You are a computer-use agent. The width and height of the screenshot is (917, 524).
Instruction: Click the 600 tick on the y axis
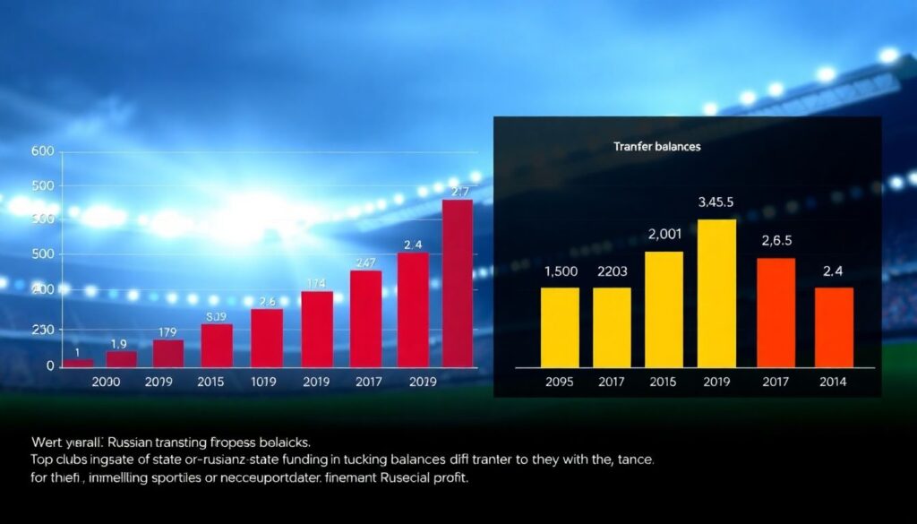pos(42,151)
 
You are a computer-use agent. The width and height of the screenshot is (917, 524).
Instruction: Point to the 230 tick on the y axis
pos(42,330)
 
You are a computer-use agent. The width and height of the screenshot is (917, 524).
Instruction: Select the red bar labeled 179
pos(167,353)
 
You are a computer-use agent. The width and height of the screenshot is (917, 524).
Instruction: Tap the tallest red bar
pos(458,282)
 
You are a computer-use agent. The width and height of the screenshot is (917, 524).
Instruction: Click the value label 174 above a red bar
pos(316,283)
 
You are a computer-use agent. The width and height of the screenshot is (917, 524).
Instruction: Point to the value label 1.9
pos(119,344)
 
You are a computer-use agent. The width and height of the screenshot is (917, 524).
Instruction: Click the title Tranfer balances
pos(657,147)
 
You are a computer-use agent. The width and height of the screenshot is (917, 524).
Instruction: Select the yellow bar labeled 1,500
pos(560,327)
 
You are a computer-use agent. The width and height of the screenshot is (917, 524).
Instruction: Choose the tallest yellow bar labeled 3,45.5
pos(716,293)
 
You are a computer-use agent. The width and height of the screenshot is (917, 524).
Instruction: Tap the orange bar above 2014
pos(834,327)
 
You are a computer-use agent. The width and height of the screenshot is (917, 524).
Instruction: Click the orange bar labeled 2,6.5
pos(776,312)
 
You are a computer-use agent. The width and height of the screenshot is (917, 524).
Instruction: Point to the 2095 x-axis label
pos(560,382)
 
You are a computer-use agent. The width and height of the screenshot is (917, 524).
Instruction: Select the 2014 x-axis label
pos(833,382)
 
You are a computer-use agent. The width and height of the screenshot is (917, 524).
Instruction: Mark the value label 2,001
pos(664,235)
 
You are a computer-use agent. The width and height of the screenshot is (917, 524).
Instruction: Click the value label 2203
pos(613,271)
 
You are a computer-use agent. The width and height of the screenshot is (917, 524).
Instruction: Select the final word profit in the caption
pos(448,477)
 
